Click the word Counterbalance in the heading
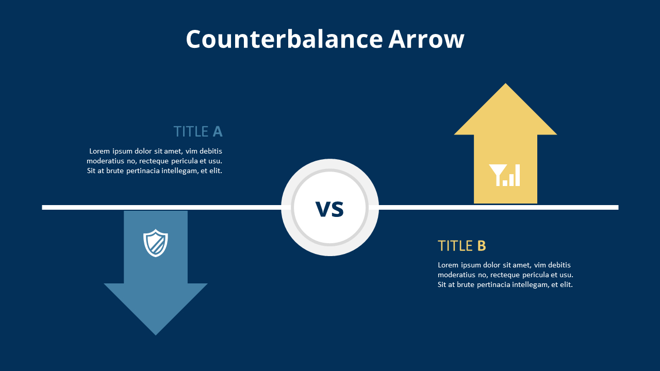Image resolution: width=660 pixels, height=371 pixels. (x=284, y=40)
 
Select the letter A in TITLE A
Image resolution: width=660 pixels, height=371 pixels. (x=218, y=132)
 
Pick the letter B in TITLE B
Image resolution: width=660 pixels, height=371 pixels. (x=482, y=246)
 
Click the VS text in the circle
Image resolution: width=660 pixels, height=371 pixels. (x=329, y=209)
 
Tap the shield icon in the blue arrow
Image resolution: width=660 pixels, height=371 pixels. (x=155, y=243)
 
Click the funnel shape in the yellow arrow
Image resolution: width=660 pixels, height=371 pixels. (x=498, y=174)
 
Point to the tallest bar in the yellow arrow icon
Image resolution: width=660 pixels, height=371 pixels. (x=517, y=175)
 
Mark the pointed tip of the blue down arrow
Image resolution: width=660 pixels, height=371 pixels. (x=156, y=333)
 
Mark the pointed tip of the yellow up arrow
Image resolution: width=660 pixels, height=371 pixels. (x=505, y=85)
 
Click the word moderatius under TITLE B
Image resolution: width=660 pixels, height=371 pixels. (x=456, y=275)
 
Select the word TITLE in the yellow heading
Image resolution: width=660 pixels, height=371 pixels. (x=455, y=246)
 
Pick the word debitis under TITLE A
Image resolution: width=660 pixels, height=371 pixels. (x=210, y=151)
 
